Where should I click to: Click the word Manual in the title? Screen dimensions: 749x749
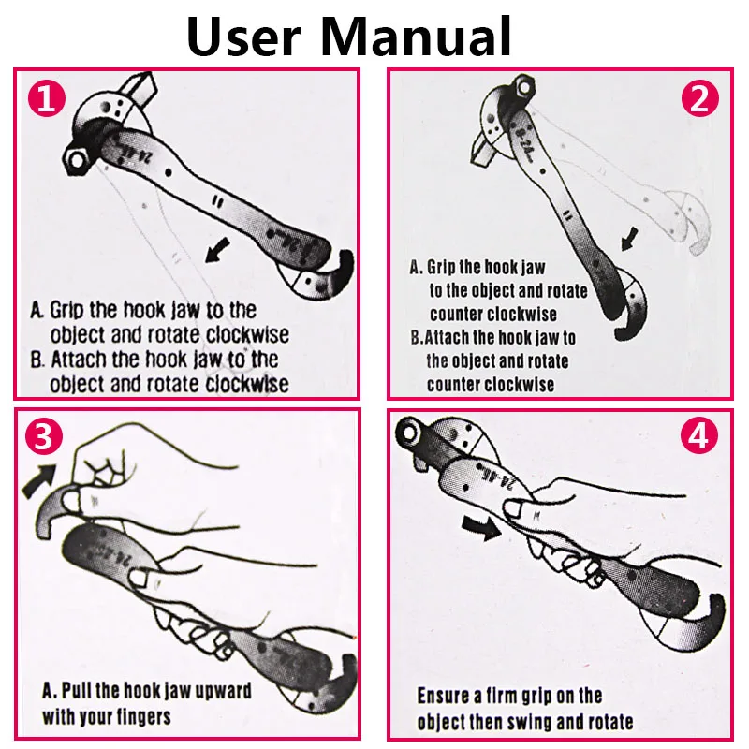[416, 37]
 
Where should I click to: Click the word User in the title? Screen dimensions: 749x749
[243, 37]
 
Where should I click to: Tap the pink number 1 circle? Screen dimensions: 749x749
[46, 99]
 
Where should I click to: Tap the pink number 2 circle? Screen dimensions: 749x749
[699, 98]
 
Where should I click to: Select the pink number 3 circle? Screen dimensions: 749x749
[43, 436]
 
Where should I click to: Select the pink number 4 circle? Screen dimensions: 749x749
[698, 435]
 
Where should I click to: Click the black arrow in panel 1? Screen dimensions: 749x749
[217, 250]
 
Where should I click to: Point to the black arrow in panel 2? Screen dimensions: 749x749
[629, 239]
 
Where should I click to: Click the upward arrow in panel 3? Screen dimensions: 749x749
[39, 480]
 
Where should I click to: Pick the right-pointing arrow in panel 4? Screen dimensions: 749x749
[481, 528]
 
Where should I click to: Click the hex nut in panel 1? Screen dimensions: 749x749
[76, 160]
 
